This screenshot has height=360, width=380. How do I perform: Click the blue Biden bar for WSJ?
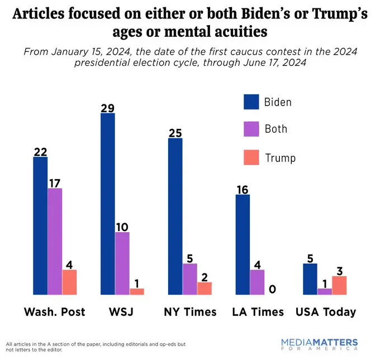click(x=108, y=204)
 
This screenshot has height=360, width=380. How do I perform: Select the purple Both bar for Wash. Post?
click(x=55, y=241)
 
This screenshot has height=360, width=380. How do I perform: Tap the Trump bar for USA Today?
click(x=339, y=285)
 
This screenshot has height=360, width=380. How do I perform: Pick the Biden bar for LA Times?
click(x=243, y=244)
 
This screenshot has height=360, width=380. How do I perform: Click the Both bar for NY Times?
click(x=189, y=279)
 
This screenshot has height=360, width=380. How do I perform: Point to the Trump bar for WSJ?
click(x=137, y=291)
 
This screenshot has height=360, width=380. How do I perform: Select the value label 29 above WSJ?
click(x=108, y=108)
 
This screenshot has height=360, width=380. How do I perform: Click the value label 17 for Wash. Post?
click(x=55, y=182)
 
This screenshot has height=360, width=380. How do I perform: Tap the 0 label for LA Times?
click(x=272, y=289)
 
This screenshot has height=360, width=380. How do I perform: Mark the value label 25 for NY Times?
click(x=175, y=133)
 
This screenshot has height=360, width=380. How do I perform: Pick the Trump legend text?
click(x=279, y=158)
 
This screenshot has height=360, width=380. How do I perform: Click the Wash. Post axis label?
click(x=55, y=312)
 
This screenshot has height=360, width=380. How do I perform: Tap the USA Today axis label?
click(x=325, y=312)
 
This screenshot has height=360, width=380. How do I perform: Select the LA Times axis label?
click(x=258, y=312)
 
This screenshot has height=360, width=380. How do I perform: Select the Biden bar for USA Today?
click(x=310, y=279)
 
